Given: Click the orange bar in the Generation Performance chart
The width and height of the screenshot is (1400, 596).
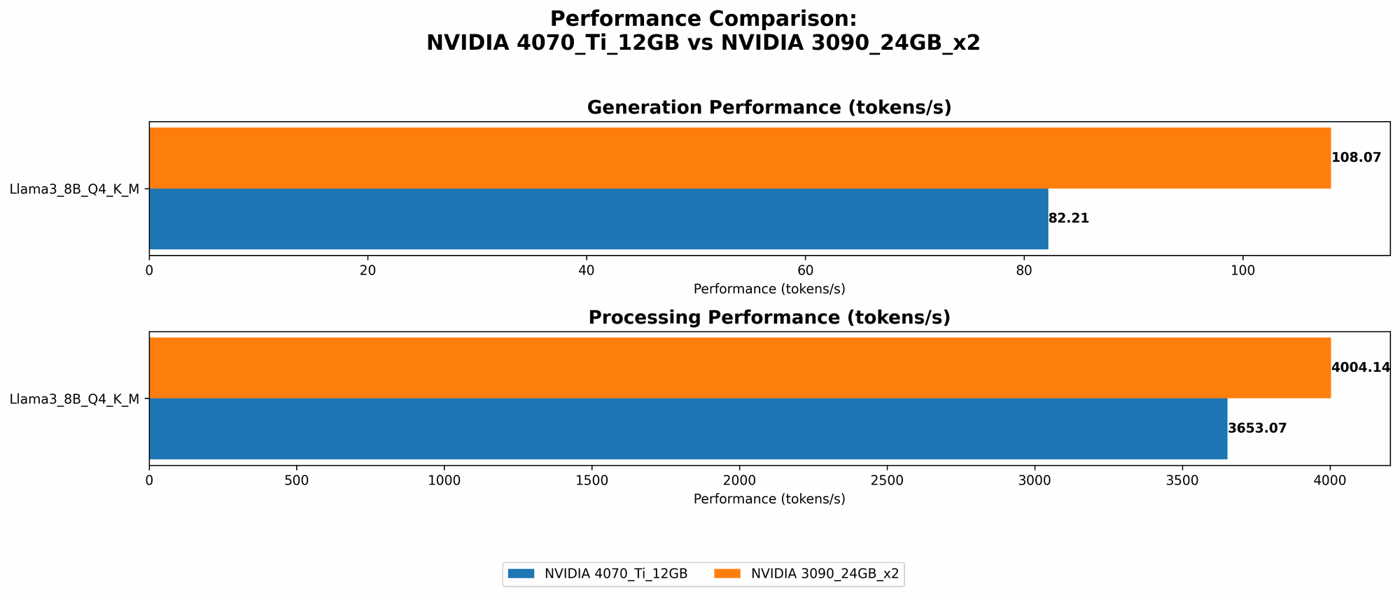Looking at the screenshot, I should (739, 158).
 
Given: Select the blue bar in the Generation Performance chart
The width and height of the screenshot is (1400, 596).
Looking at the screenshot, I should (598, 219).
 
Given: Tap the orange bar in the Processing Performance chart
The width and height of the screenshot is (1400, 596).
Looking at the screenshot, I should (739, 368).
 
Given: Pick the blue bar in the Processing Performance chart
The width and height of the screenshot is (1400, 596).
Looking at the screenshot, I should (688, 429).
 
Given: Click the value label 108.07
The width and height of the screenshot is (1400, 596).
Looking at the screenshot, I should (1356, 158).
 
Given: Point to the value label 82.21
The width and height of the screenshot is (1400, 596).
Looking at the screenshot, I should (1068, 219).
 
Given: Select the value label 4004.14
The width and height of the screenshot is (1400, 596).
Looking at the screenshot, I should (1360, 368).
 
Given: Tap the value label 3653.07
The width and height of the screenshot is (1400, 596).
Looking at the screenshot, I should (1257, 429).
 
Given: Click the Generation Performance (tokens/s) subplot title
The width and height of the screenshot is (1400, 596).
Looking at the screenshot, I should (769, 108).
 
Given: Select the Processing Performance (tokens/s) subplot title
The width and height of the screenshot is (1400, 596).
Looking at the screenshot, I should (769, 318).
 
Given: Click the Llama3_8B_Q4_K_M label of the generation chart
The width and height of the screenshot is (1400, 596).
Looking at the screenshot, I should (75, 188).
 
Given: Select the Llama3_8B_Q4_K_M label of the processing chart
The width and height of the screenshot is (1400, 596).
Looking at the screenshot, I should (75, 399).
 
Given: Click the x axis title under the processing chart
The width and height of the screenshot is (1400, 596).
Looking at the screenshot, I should (769, 499).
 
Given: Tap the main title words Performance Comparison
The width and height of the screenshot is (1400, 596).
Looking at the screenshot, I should (703, 19).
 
